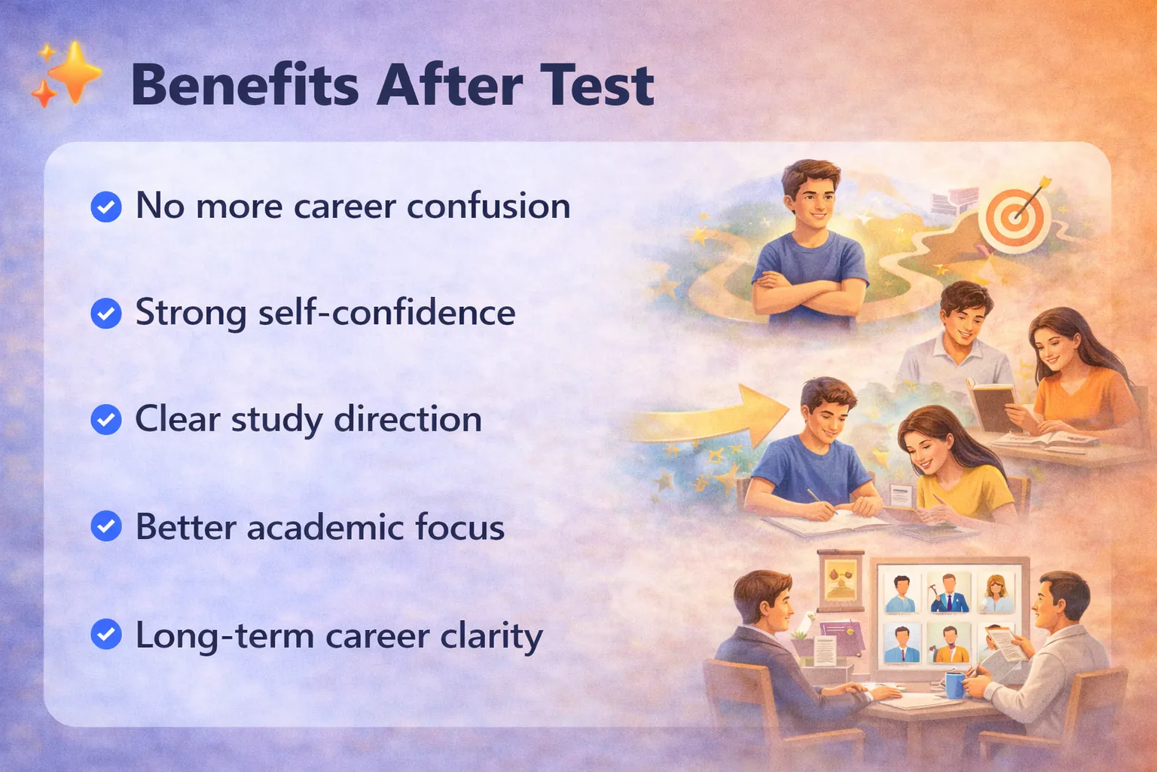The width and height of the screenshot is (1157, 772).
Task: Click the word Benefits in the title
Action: coord(245,84)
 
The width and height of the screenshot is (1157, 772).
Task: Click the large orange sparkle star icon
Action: coord(75,72)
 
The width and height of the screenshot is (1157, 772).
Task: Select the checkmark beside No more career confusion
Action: coord(106,207)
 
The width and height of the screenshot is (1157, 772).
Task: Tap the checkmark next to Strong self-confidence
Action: coord(106,314)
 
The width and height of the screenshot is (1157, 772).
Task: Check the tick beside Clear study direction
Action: coord(106,419)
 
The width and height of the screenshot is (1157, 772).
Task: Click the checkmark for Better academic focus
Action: coord(106,526)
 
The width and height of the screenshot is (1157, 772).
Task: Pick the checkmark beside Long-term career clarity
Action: coord(106,634)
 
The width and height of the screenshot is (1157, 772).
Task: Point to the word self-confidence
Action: coord(387,313)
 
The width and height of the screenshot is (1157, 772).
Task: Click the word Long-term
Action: coord(224,636)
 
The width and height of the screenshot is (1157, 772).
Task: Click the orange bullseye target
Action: coord(1015,219)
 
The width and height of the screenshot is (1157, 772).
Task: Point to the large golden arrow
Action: coord(713,417)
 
